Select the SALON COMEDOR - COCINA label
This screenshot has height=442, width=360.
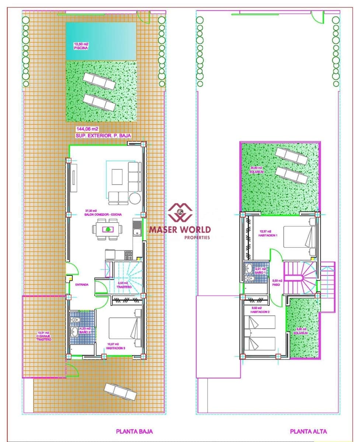point(104,215)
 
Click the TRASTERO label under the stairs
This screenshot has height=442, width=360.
point(124,287)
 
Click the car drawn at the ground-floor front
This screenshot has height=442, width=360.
point(120,392)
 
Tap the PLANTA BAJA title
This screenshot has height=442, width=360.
point(134,431)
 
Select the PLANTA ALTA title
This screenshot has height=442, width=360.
point(308,431)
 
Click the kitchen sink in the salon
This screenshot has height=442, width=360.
point(136,232)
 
